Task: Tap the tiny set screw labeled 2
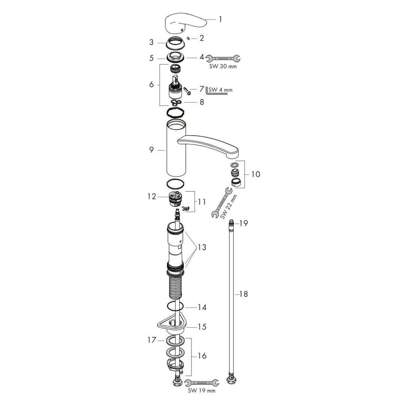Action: (x=189, y=38)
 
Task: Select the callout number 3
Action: (x=151, y=42)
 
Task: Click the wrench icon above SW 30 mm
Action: (x=223, y=59)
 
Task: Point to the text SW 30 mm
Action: (x=223, y=67)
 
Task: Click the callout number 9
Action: (x=152, y=150)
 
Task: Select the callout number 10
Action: (x=256, y=174)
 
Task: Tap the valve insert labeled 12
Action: (x=175, y=198)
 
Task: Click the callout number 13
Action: (x=202, y=247)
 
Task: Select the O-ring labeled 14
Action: (x=175, y=307)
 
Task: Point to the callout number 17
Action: (x=152, y=340)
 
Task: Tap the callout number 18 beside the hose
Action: (x=244, y=294)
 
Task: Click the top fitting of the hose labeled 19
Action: (x=231, y=223)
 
